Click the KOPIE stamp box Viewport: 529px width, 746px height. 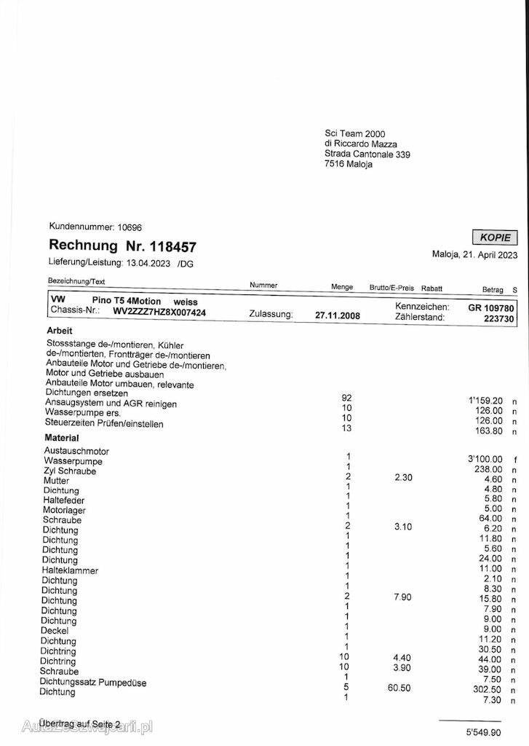click(495, 237)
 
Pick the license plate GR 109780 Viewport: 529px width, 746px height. click(491, 307)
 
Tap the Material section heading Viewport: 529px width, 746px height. click(62, 438)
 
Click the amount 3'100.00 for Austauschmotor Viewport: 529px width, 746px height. click(485, 458)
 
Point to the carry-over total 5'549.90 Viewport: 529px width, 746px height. click(485, 730)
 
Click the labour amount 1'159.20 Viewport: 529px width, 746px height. click(485, 400)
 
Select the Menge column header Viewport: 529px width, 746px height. click(342, 287)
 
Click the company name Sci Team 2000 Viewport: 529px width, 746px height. click(355, 133)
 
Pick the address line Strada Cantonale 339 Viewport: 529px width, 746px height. click(367, 154)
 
